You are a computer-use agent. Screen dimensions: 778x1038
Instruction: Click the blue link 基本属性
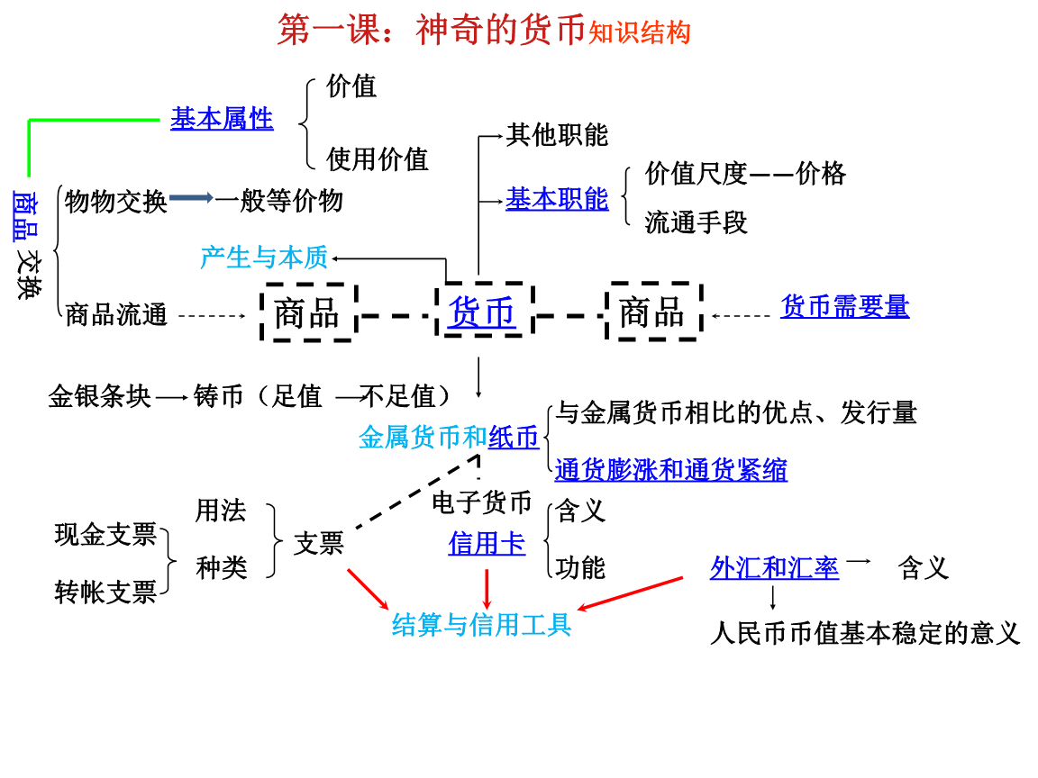click(222, 119)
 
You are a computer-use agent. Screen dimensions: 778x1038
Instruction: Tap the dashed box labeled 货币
click(482, 312)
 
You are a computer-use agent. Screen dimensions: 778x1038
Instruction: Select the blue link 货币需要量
click(844, 307)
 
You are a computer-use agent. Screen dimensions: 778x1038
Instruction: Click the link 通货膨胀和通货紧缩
click(670, 469)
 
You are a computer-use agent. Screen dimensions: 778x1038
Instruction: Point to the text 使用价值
click(377, 159)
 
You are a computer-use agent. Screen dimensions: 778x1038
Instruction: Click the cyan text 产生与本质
click(264, 258)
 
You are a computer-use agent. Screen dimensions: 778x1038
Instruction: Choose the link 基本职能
click(557, 199)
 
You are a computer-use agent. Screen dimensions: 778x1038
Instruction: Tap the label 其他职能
click(557, 135)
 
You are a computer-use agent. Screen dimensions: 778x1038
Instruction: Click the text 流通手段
click(697, 222)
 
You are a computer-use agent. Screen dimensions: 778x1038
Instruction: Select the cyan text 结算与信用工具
click(481, 624)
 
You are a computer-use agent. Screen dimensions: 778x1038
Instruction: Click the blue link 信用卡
click(487, 544)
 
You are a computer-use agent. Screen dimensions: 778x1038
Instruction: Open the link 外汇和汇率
click(774, 568)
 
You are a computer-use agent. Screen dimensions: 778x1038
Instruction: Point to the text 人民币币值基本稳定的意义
click(865, 633)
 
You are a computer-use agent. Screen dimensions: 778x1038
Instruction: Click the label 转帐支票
click(105, 592)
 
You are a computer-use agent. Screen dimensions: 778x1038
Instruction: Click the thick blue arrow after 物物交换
click(191, 198)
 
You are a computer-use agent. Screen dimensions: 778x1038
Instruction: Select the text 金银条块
click(99, 396)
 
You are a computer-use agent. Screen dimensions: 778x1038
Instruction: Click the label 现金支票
click(105, 535)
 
